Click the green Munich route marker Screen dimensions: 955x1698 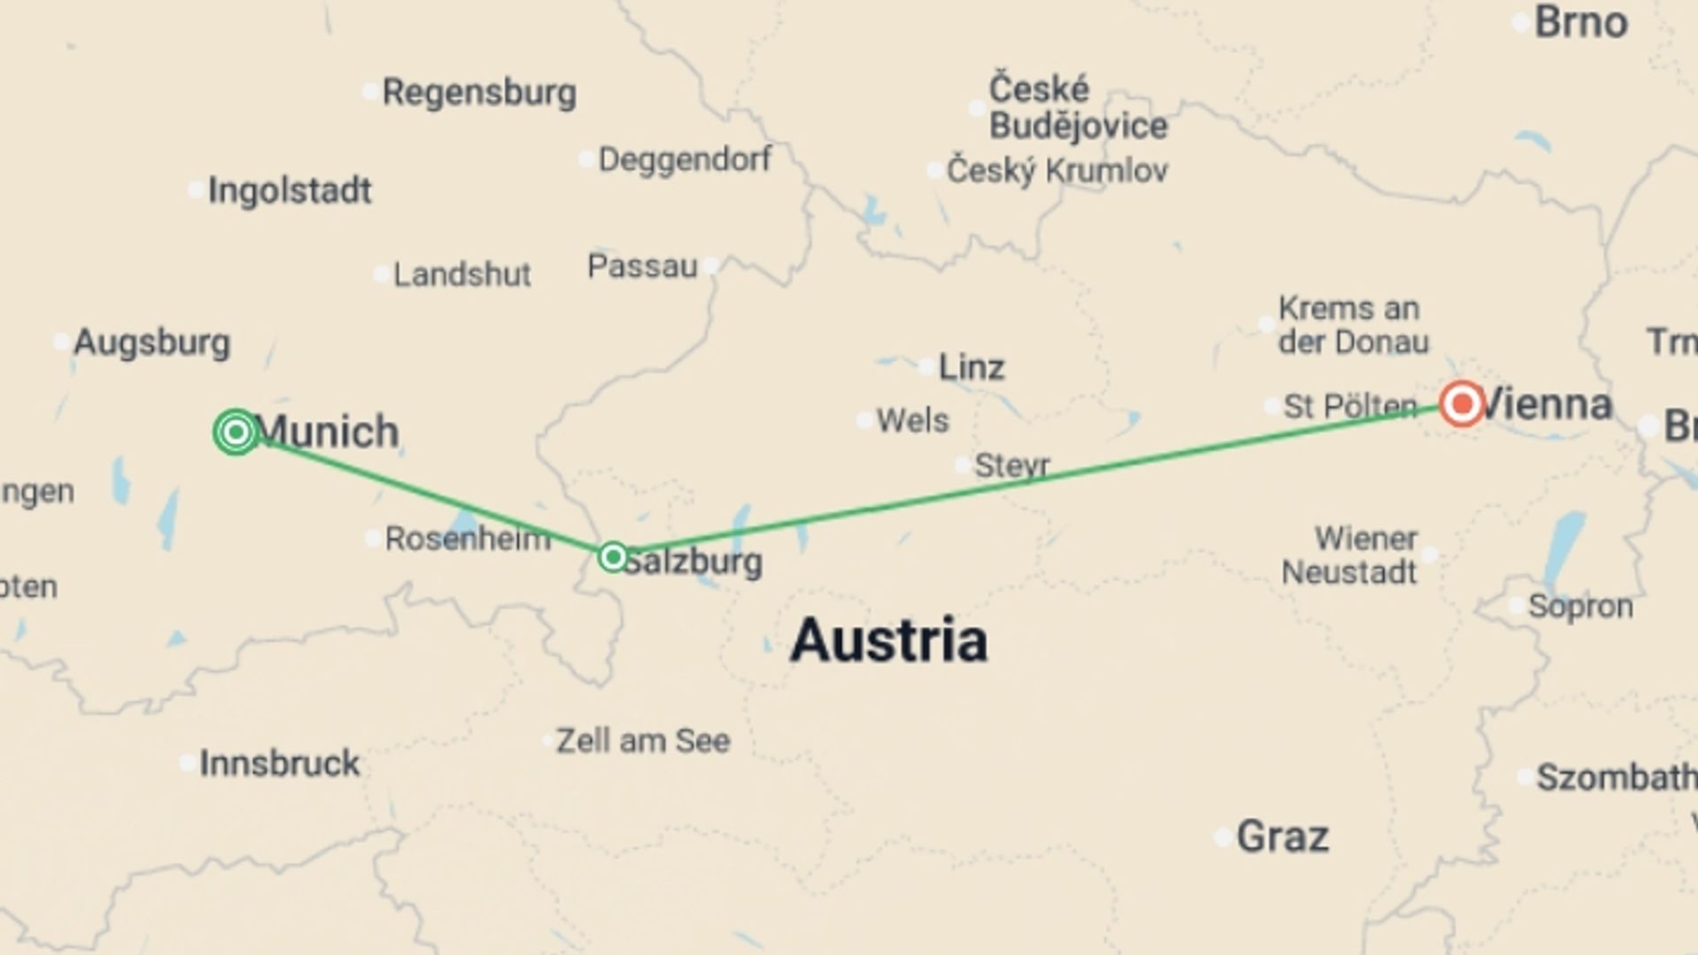pos(236,432)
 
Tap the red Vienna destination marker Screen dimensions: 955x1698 pos(1461,404)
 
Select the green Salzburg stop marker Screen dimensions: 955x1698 pos(613,557)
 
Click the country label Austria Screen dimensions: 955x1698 pos(888,640)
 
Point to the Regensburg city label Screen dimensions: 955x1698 pos(478,92)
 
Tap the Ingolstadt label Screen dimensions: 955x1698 pos(289,191)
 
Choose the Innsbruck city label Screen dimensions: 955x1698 pos(279,763)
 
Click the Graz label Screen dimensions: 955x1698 pos(1281,837)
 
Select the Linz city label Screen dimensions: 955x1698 pos(970,367)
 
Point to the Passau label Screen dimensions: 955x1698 pos(642,266)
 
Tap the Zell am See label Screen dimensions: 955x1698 pos(643,741)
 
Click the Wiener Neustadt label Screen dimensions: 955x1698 pos(1350,555)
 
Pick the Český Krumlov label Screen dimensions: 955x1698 pos(1057,171)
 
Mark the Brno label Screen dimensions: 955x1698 pos(1580,22)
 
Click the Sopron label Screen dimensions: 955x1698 pos(1579,607)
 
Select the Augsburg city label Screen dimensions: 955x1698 pos(151,342)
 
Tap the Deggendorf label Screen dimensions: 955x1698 pos(685,159)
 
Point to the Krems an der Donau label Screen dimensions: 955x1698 pos(1352,325)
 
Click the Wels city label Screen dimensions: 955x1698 pos(912,421)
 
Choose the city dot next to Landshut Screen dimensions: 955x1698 pos(381,274)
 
